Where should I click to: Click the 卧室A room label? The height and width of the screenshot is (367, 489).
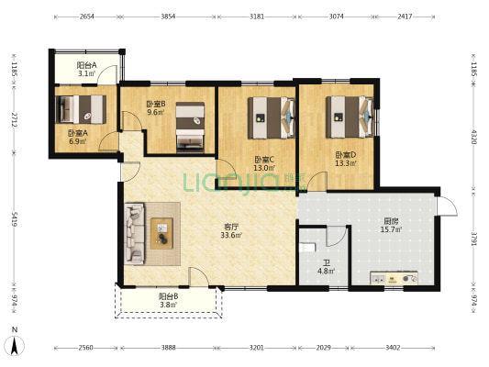pos(78,133)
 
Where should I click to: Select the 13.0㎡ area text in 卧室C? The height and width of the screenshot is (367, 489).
pos(264,168)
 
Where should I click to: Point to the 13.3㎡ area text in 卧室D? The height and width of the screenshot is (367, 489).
pos(346,163)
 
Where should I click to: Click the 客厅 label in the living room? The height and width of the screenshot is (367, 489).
pos(231,227)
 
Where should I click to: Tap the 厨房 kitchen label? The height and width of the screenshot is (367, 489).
pos(391,221)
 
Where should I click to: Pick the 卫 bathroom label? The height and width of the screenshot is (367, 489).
pos(327,263)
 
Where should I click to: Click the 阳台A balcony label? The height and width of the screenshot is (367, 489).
pos(86,65)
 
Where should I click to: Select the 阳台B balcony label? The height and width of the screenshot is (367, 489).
pos(169,296)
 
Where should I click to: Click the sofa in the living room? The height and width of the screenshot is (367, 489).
pos(135,234)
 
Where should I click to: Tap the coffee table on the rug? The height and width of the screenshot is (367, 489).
pos(161,233)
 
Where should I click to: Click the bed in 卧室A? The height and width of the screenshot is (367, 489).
pos(81,109)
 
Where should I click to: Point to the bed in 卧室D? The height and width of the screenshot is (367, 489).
pos(350,117)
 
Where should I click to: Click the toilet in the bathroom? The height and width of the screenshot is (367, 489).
pos(307,248)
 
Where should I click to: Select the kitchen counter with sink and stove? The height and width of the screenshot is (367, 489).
pos(394,278)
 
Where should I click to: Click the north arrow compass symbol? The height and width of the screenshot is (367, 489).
pos(15,345)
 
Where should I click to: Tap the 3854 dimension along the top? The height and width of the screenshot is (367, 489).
pos(168,17)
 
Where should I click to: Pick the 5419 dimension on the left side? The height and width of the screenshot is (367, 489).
pos(15,219)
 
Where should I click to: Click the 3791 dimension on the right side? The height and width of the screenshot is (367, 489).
pos(473,239)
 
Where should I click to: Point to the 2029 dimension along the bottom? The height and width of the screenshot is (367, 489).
pos(323,348)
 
